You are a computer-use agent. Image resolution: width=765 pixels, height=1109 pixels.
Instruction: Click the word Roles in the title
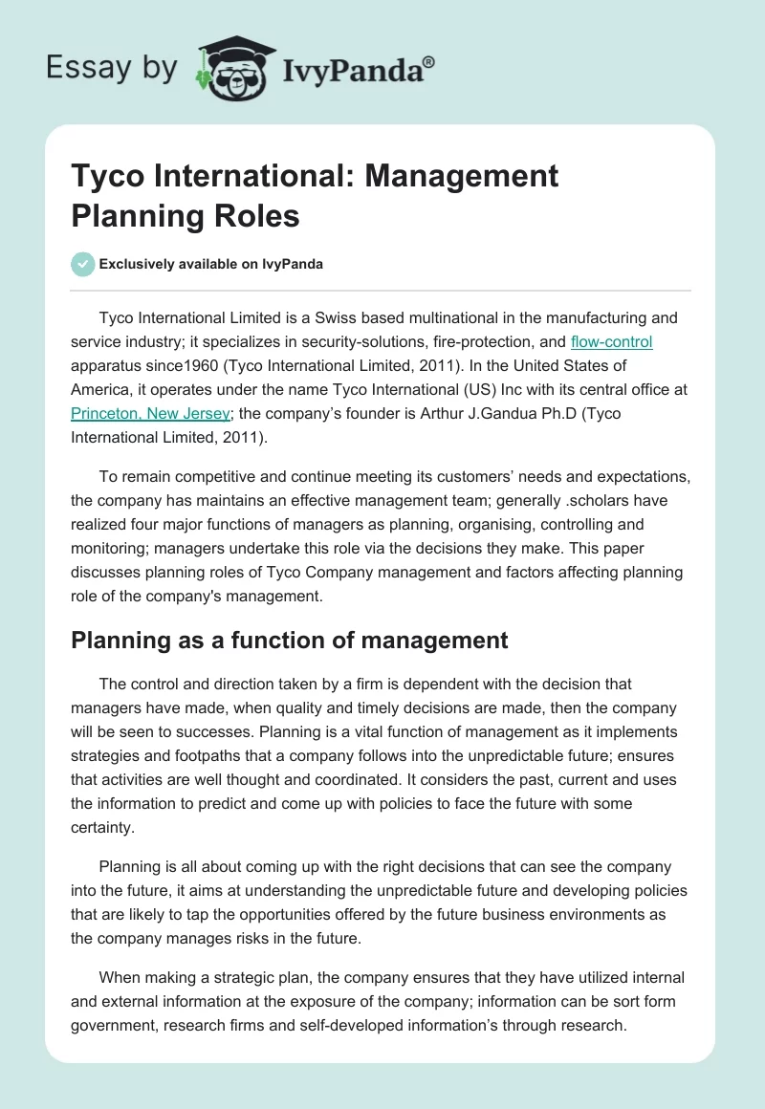click(255, 215)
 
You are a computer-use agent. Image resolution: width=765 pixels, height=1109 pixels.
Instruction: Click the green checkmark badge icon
click(83, 264)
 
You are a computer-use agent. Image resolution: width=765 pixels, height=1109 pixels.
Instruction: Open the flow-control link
click(611, 341)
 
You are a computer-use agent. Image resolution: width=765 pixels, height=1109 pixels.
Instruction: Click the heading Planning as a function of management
click(289, 640)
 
